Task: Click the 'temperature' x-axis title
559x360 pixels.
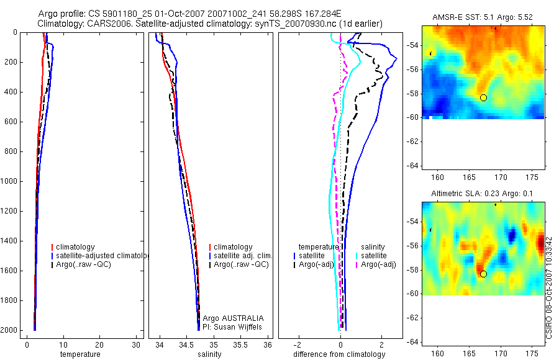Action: [80, 354]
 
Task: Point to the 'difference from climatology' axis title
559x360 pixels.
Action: [339, 354]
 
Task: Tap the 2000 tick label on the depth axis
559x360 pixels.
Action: [11, 330]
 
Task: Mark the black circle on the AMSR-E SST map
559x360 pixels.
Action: [483, 97]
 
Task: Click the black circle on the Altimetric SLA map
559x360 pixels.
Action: [483, 274]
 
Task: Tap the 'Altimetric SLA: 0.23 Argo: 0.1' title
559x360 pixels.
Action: [483, 194]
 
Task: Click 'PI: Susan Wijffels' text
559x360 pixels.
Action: [233, 326]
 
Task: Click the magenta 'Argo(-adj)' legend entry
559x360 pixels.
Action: [378, 264]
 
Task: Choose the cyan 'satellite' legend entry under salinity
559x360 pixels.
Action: [374, 256]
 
